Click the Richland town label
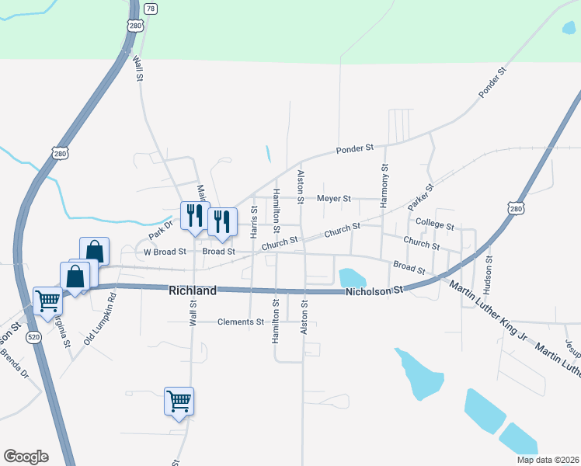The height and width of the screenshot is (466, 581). [x=192, y=290]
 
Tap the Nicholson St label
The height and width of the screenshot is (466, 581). [x=375, y=290]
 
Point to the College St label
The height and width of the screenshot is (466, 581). [x=434, y=224]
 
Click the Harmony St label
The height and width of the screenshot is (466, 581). [x=384, y=186]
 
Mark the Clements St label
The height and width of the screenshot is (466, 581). [x=241, y=322]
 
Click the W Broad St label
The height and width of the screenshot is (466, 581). [x=165, y=252]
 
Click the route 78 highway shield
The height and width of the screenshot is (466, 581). [x=151, y=8]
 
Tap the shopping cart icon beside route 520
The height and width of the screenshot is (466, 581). [x=47, y=301]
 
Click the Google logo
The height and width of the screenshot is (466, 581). [x=26, y=457]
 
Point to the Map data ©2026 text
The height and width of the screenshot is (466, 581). [x=547, y=460]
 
